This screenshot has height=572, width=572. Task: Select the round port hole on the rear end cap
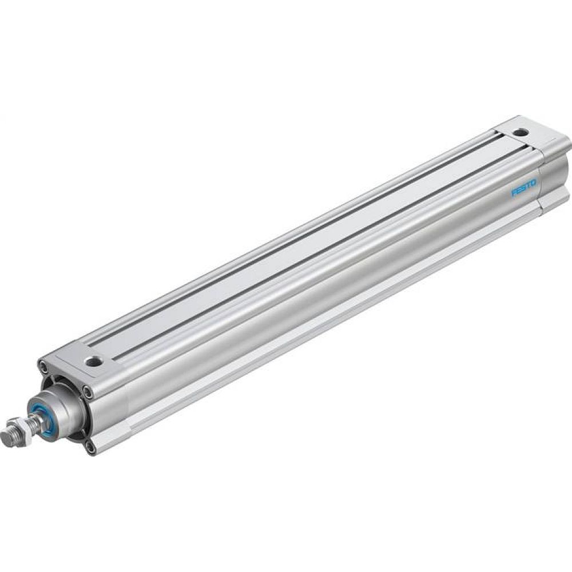point(520,133)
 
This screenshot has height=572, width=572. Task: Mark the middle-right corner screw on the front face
point(88,391)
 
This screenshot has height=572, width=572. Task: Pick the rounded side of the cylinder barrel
point(320,297)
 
